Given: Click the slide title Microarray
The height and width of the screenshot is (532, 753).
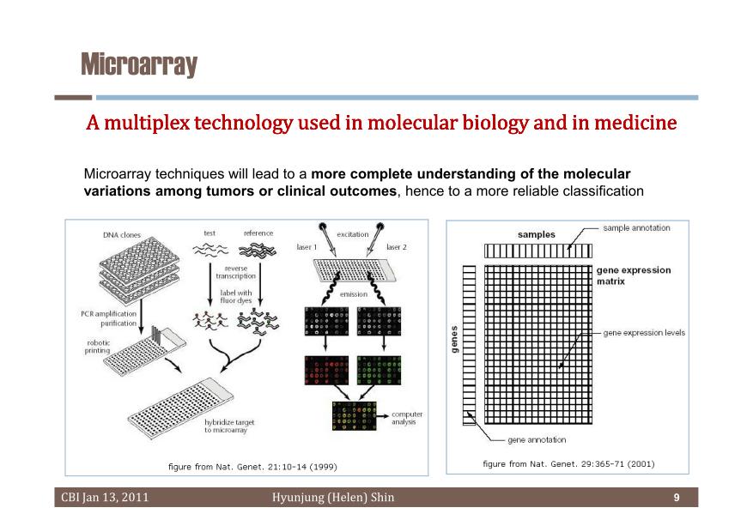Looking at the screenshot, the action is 139,64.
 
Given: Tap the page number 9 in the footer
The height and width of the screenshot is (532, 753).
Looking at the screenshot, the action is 677,498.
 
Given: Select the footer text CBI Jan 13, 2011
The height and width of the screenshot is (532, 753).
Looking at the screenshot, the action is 105,498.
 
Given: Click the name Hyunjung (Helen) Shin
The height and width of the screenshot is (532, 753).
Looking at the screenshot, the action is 333,498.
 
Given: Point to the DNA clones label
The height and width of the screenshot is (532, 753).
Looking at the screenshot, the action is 122,235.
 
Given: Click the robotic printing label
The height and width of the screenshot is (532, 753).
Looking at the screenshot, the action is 98,347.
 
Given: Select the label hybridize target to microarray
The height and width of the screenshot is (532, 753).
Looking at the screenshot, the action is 229,426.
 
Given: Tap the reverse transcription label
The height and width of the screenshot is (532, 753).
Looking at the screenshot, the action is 235,272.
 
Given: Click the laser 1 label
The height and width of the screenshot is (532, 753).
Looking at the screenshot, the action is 307,247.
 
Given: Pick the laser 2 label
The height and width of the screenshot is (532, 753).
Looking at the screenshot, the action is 396,247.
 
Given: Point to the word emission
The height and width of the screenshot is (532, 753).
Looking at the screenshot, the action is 354,294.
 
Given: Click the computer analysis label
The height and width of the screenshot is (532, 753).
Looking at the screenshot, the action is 407,418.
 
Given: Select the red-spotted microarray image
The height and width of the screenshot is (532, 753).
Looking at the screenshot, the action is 326,370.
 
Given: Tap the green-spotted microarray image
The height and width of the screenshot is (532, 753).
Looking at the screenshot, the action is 379,370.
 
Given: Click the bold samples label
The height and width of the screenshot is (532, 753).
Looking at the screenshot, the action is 537,234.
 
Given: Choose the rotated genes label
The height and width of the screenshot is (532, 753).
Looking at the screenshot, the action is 454,339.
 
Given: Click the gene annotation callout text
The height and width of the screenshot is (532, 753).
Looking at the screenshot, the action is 537,440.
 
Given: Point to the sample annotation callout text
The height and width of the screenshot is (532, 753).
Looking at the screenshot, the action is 636,228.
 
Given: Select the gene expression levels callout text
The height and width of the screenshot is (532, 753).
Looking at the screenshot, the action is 644,333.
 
